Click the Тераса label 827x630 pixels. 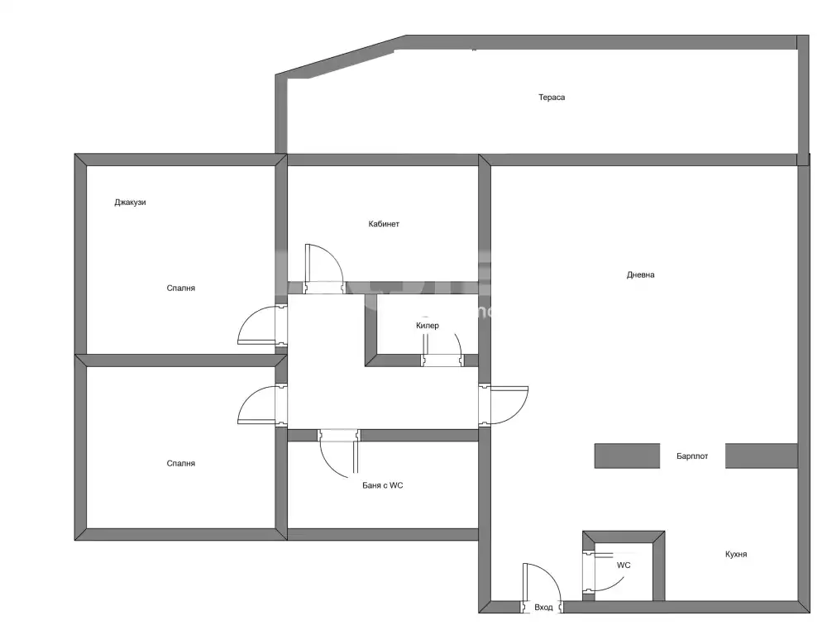coord(551,97)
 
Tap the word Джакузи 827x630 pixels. coord(130,203)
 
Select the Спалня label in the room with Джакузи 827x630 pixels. coord(180,288)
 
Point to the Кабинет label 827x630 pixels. coord(384,224)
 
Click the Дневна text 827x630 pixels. coord(640,274)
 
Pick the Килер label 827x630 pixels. coord(428,326)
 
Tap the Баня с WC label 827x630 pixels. coord(382,485)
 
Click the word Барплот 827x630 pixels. coord(692,456)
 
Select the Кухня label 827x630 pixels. coord(736,554)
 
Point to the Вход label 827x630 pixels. coord(543,608)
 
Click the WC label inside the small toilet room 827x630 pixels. coord(624,566)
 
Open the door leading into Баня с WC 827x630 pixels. coord(339,453)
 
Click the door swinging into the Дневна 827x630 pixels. coord(504,405)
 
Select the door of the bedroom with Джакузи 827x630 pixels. coord(262,326)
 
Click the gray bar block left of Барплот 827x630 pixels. coord(627,456)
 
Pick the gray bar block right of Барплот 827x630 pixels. coord(761,456)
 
